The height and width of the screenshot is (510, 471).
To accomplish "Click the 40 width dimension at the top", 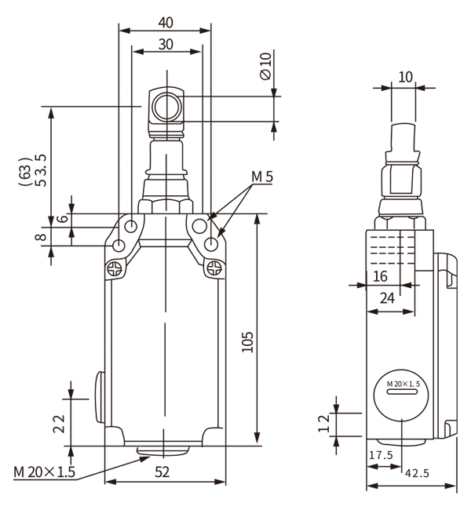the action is point(166,23).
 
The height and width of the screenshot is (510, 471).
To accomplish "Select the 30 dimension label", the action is point(166,44).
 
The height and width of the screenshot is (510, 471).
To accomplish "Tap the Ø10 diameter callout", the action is point(265,66).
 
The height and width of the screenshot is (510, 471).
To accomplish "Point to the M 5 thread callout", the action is point(262,177).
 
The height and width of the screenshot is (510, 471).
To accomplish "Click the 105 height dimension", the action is point(248,342).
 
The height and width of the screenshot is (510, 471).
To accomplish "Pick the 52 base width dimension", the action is point(162,472).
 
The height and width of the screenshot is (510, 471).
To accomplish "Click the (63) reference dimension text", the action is point(25,172).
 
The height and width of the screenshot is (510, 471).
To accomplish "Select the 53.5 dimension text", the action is point(42,170).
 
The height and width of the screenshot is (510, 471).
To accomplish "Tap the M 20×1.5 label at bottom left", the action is point(44,472).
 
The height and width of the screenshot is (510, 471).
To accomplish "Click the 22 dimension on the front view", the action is point(59,424).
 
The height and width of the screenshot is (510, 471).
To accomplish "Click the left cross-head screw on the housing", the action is point(115,268).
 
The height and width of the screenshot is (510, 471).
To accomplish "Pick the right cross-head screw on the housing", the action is point(214,268).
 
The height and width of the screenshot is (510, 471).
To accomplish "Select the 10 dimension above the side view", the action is point(405,77).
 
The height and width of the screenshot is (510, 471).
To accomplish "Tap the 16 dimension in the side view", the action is point(380,276).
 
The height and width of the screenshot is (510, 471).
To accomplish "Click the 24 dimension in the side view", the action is point(387,298).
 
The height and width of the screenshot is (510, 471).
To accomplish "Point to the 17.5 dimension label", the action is point(382,455).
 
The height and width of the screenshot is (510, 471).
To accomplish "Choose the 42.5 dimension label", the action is point(417,473).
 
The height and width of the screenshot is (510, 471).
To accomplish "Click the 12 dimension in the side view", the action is point(323,424).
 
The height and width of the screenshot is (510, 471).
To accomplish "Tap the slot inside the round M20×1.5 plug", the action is point(402,392).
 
